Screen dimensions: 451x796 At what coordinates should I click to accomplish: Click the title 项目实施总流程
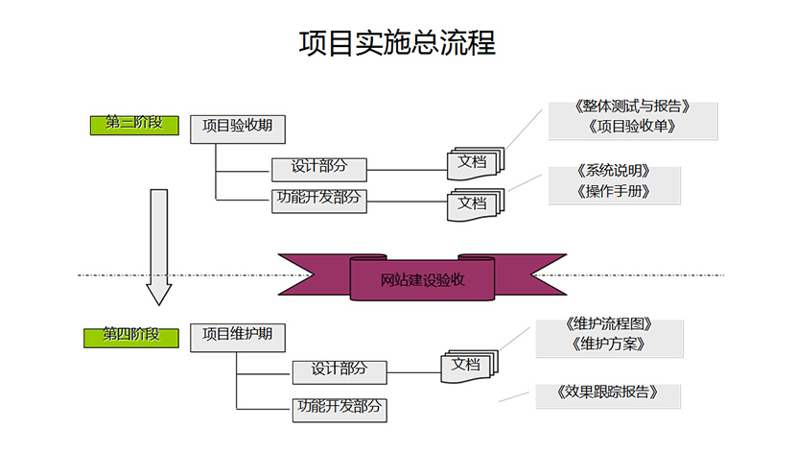397,44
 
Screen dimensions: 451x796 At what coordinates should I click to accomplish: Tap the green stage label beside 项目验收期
134,124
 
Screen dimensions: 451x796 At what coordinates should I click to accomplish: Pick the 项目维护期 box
238,336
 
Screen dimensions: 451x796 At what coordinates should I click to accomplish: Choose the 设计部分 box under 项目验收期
319,168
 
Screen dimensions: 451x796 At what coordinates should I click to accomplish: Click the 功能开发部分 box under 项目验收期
319,200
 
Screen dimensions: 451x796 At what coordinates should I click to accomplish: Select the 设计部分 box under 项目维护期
339,370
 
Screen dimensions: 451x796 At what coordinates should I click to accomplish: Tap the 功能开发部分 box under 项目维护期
339,408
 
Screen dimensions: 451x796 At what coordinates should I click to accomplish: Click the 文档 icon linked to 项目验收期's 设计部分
473,163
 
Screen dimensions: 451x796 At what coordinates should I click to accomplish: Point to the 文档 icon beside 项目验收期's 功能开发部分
473,204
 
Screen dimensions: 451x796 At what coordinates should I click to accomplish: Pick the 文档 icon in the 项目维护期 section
467,366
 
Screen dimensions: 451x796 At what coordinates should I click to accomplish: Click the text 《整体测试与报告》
633,108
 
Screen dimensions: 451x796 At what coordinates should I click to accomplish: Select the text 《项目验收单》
633,127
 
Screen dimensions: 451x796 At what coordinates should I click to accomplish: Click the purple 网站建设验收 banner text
423,280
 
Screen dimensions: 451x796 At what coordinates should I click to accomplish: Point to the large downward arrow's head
158,292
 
